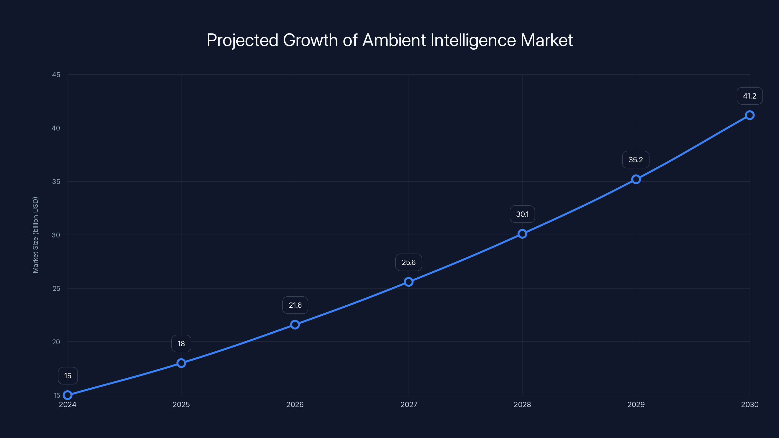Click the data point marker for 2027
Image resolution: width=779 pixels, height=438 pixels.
[x=408, y=282]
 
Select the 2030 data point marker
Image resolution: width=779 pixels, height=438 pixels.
[x=749, y=115]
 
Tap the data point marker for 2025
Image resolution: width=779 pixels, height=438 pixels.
[x=181, y=363]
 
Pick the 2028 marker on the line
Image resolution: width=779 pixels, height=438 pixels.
[x=522, y=234]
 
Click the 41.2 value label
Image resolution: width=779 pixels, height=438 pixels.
[x=749, y=96]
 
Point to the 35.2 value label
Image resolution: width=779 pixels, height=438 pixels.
[x=636, y=160]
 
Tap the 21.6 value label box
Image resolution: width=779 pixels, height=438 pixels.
[x=295, y=305]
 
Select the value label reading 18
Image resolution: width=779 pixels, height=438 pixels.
[x=181, y=343]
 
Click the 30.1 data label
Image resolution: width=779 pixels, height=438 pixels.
[x=522, y=214]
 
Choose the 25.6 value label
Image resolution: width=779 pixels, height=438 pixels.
[x=408, y=262]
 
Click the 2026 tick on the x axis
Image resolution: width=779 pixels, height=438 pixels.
[x=295, y=404]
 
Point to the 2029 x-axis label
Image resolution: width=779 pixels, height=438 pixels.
[x=636, y=404]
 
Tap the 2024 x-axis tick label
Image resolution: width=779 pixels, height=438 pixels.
[x=67, y=404]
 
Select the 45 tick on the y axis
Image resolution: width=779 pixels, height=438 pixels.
[x=56, y=75]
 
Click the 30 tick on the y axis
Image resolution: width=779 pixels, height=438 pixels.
[x=56, y=235]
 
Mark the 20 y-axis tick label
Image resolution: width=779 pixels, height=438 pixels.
[x=56, y=342]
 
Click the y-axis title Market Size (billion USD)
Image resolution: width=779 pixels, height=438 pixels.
[x=35, y=235]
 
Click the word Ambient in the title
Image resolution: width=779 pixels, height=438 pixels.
[x=394, y=40]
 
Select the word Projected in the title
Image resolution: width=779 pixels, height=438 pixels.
[x=242, y=40]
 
